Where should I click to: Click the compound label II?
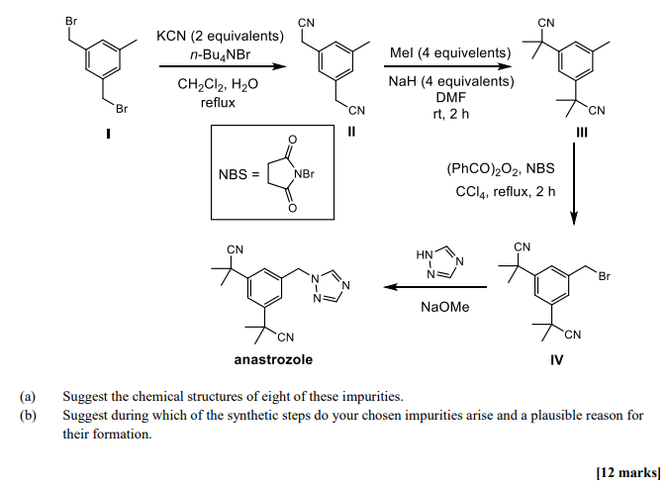point(351,136)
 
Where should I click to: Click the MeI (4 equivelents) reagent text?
point(450,51)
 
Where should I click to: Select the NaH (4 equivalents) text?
point(450,81)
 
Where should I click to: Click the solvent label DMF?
point(450,97)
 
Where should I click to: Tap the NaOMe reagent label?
point(445,307)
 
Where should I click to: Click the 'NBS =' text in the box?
point(239,175)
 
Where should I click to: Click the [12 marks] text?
point(628,472)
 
